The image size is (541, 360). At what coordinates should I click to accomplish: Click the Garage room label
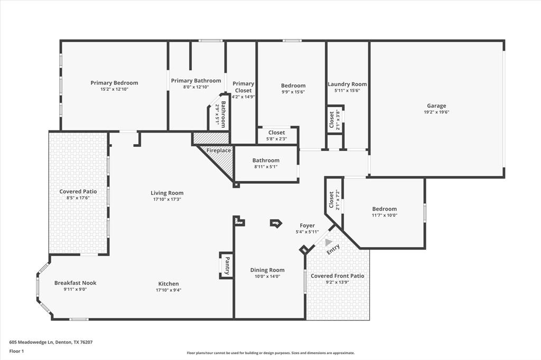[436, 106]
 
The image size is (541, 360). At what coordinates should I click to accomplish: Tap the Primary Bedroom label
[114, 83]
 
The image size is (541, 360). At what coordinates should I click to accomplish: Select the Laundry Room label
[347, 84]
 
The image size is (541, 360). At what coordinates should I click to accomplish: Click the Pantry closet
[227, 266]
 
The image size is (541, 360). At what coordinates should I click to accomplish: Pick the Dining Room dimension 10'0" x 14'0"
[267, 277]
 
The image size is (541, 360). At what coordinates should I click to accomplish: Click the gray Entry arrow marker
[329, 242]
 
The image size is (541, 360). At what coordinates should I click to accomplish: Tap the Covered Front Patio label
[337, 276]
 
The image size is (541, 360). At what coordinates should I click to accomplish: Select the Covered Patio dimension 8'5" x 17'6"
[78, 198]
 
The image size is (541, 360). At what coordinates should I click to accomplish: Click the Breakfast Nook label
[76, 283]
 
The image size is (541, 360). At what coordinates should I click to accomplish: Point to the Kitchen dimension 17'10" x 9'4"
[169, 290]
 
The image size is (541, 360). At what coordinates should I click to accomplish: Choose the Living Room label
[167, 193]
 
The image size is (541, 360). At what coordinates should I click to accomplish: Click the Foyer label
[307, 225]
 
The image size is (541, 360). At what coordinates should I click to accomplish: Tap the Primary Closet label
[243, 87]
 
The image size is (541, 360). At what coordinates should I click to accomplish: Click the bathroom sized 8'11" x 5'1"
[266, 164]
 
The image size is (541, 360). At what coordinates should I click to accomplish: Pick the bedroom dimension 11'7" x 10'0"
[384, 215]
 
